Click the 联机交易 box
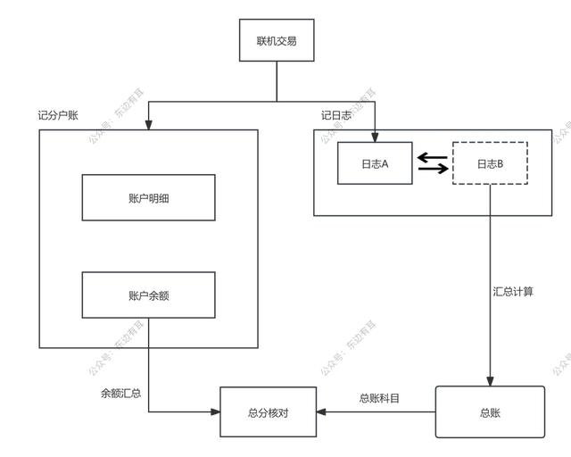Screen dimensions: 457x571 pos(276,40)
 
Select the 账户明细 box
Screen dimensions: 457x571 pos(148,197)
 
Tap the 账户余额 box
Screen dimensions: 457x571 pos(148,295)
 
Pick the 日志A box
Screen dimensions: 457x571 pos(375,163)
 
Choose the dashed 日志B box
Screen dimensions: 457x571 pos(490,163)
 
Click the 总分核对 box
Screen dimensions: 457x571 pos(268,411)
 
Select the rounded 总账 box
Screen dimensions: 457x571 pos(489,411)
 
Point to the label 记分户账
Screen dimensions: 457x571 pos(58,117)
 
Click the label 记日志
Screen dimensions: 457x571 pos(336,117)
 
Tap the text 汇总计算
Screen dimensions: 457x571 pos(513,292)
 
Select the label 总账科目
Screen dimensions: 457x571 pos(379,398)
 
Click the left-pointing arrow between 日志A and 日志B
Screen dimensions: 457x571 pos(433,157)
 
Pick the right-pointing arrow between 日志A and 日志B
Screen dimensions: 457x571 pos(433,170)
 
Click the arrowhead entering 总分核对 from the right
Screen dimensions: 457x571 pos(322,411)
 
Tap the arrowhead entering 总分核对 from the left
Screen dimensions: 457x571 pos(215,411)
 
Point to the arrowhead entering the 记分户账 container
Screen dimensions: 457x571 pos(148,125)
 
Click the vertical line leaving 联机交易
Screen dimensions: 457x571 pos(276,80)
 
